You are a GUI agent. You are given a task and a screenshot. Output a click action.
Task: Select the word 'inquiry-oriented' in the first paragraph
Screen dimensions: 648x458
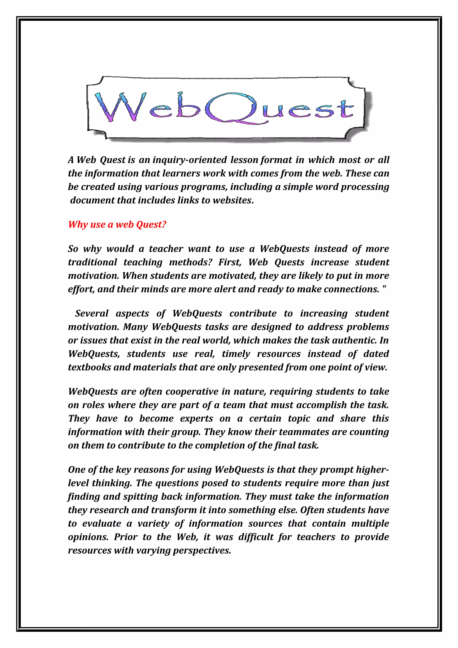point(190,160)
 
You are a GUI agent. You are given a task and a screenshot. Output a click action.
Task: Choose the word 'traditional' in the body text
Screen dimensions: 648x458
point(92,262)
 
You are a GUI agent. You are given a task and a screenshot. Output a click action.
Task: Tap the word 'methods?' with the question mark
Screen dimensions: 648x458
point(191,262)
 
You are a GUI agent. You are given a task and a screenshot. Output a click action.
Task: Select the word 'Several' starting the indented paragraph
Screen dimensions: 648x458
point(92,313)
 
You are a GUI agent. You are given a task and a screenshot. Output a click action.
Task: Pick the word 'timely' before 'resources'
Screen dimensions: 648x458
point(236,354)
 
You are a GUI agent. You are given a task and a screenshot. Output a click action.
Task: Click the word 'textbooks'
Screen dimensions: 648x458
point(89,367)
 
